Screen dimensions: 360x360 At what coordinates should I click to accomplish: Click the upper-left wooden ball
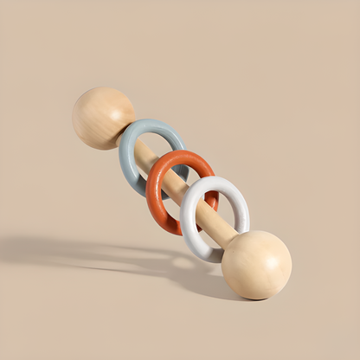click(102, 117)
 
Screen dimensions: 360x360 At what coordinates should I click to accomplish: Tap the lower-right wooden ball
click(256, 264)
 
